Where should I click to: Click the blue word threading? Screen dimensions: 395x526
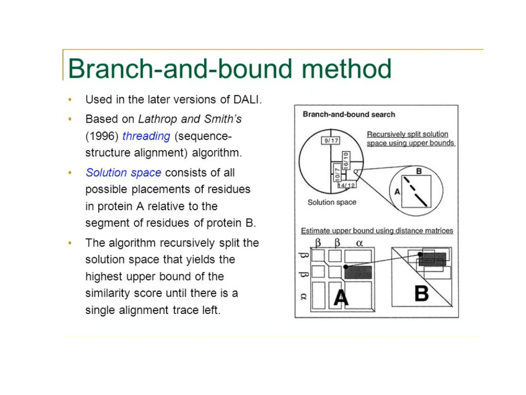click(146, 136)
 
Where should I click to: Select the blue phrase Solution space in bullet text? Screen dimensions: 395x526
click(124, 173)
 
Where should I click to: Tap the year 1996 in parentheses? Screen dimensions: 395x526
click(102, 136)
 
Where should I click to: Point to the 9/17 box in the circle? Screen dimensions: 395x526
click(331, 140)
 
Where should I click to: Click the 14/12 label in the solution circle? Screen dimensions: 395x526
click(347, 185)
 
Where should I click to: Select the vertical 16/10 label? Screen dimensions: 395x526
click(346, 161)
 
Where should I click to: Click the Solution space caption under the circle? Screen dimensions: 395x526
click(332, 202)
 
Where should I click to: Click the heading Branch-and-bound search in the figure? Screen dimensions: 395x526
click(349, 114)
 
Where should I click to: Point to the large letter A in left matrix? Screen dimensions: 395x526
click(341, 298)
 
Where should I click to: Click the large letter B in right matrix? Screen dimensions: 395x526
click(421, 294)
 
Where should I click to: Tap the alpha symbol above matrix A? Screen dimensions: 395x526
click(360, 243)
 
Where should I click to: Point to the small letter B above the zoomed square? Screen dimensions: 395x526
click(419, 171)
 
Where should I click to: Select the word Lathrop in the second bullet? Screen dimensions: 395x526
click(157, 119)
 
